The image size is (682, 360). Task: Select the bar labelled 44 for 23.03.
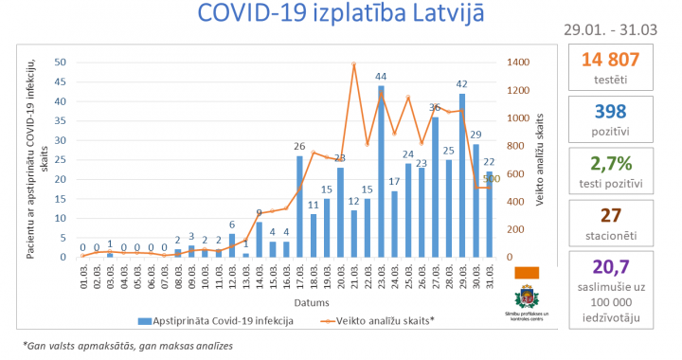(x=381, y=171)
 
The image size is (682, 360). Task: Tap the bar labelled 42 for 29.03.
(x=462, y=176)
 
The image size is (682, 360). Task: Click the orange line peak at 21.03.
(x=353, y=64)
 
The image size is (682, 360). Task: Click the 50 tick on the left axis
(x=61, y=63)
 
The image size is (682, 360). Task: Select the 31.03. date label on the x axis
(x=490, y=279)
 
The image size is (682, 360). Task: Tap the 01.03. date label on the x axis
(x=83, y=279)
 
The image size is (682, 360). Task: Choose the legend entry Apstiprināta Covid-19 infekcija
(x=218, y=320)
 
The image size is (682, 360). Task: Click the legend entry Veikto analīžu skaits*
(x=379, y=320)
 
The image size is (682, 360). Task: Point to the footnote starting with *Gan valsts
(x=128, y=347)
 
